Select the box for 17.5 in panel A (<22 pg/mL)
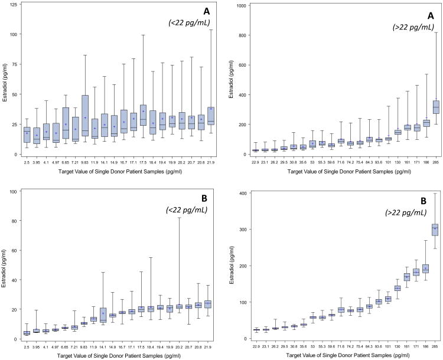pyautogui.click(x=144, y=116)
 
